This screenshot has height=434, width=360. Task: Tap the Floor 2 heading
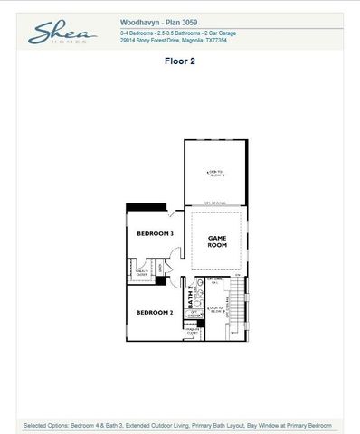pyautogui.click(x=179, y=62)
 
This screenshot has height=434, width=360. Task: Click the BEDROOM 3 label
pyautogui.click(x=155, y=233)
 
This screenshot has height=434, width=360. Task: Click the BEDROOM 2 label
pyautogui.click(x=155, y=312)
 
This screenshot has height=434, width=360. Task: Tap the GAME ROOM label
pyautogui.click(x=216, y=241)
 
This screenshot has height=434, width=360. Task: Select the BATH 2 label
pyautogui.click(x=191, y=299)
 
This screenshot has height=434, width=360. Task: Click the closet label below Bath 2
pyautogui.click(x=193, y=331)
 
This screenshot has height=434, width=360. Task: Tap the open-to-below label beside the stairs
pyautogui.click(x=215, y=309)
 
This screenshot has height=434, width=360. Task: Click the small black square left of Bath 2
pyautogui.click(x=161, y=280)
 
